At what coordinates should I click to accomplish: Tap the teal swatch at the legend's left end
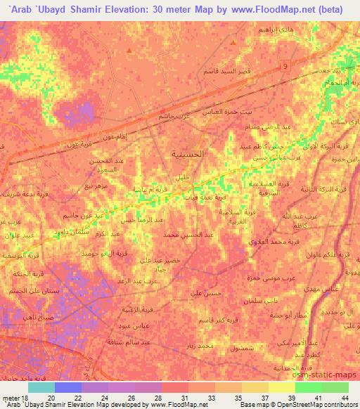(41, 387)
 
